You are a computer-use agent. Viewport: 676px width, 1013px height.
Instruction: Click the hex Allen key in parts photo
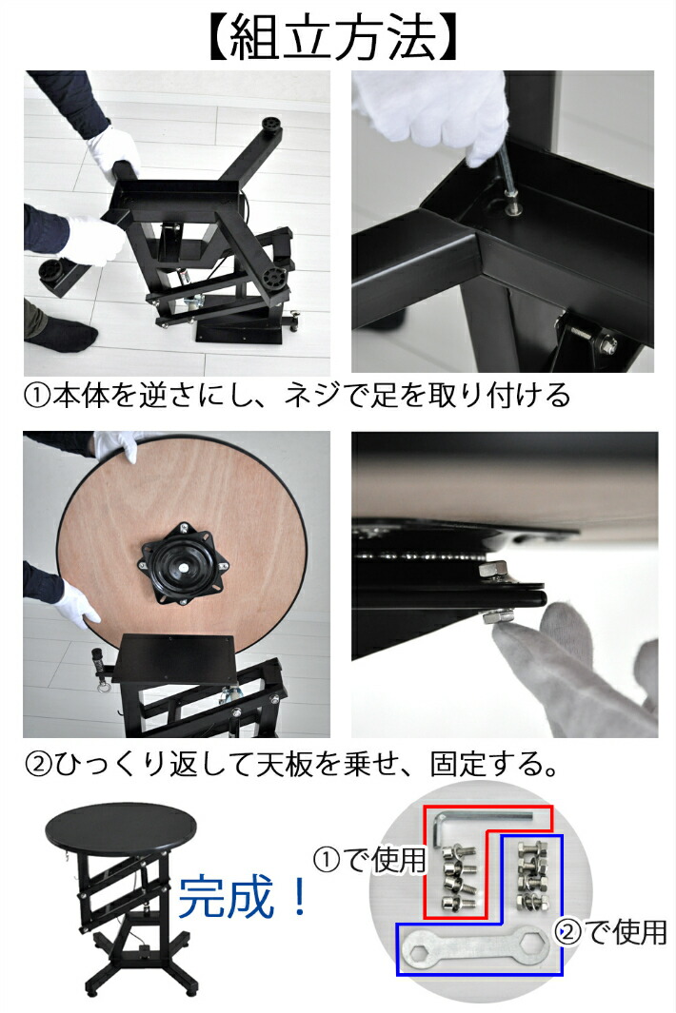point(476,818)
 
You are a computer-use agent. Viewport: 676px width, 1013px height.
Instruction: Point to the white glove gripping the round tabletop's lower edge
point(75,602)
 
